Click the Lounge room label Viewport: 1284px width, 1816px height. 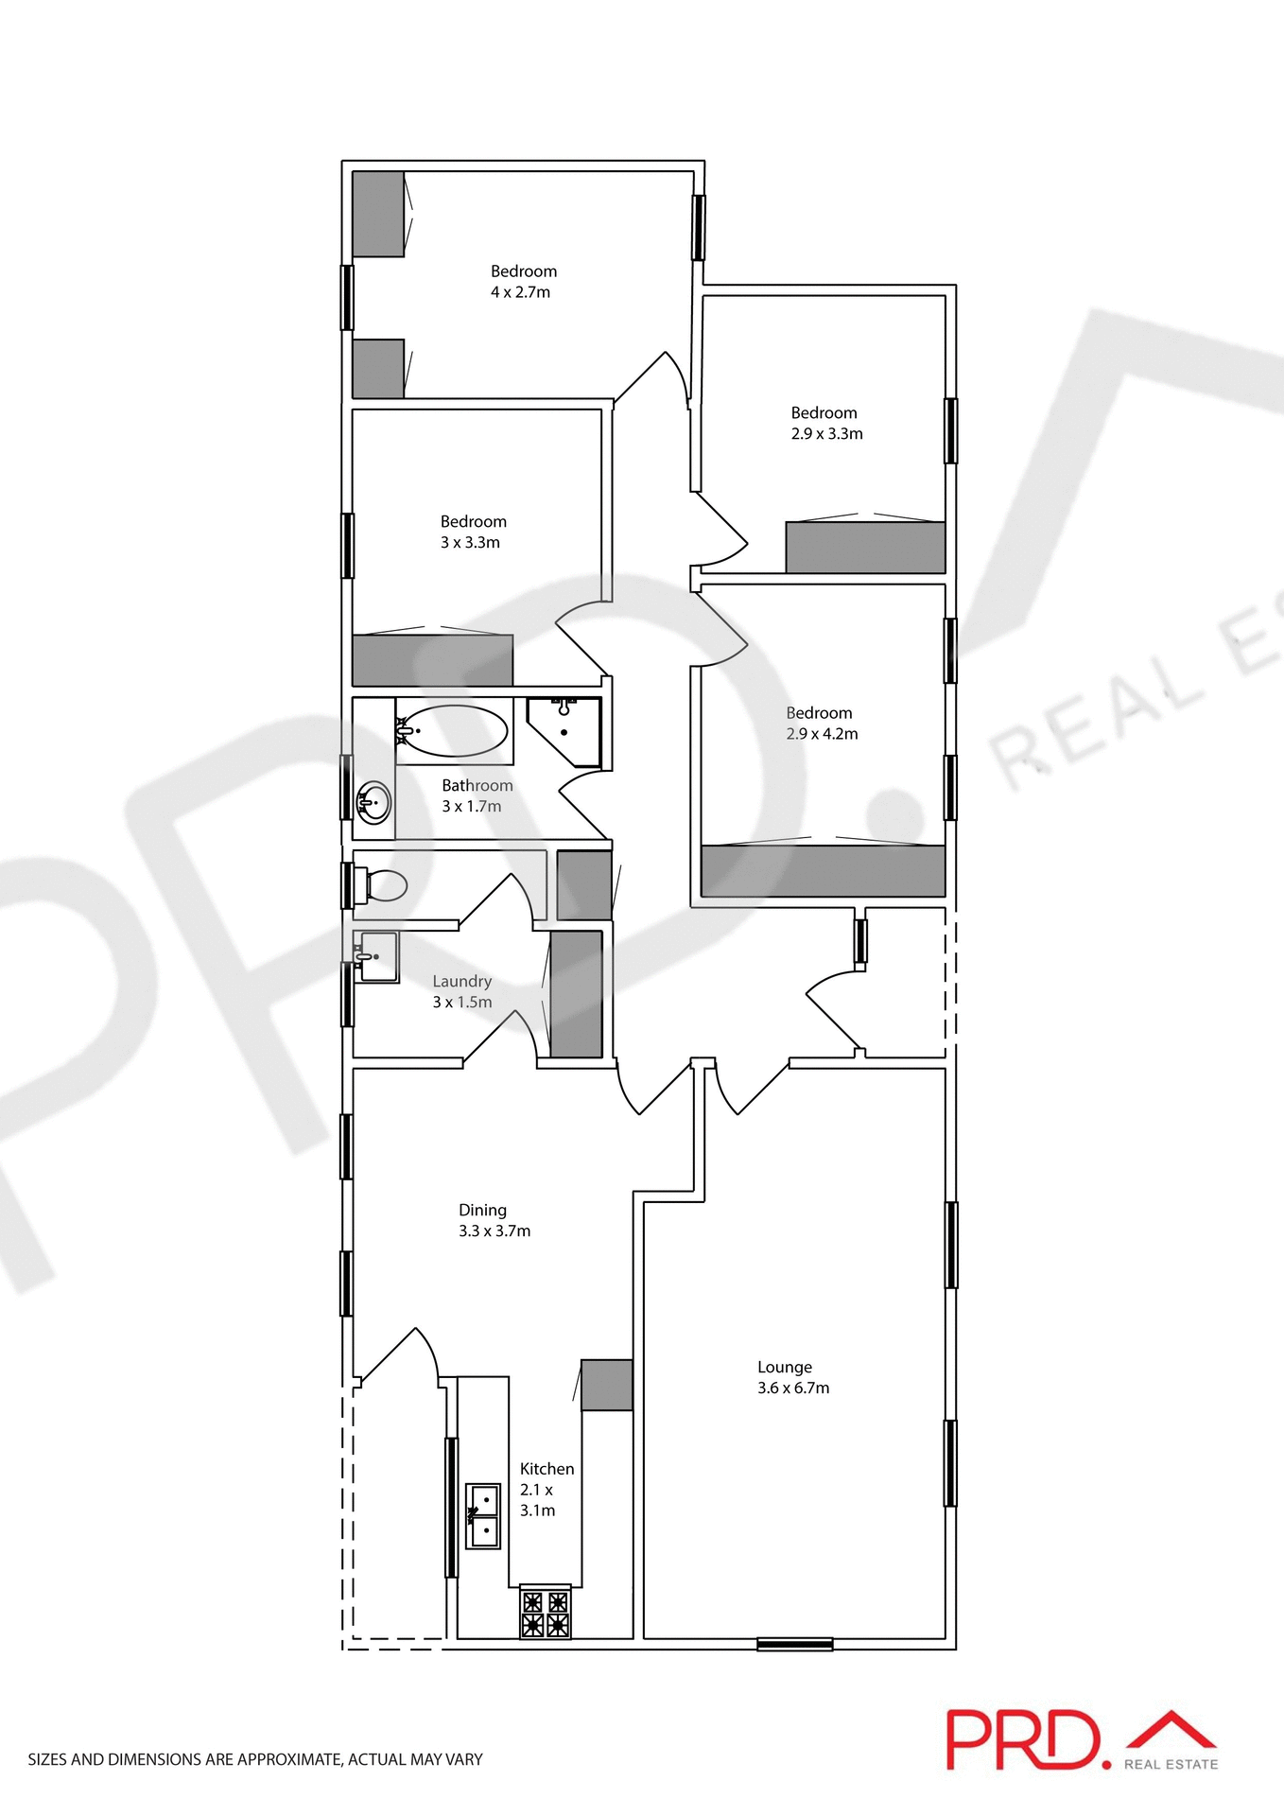784,1367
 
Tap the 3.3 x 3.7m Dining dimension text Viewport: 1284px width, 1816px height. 495,1231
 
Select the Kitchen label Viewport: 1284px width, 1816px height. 547,1468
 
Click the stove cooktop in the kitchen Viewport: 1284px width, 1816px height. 546,1614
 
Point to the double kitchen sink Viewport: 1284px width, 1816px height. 484,1515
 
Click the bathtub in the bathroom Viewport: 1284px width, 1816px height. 453,731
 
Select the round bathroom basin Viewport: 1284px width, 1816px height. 374,804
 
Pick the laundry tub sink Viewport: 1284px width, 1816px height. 377,956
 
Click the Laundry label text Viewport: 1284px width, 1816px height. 461,981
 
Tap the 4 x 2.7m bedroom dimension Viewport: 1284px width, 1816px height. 520,292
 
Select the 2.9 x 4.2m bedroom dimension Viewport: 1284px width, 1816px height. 822,734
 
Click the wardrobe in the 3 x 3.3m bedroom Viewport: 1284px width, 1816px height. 432,659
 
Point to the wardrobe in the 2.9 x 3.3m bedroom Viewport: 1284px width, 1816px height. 865,547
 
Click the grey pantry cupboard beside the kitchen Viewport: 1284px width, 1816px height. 606,1385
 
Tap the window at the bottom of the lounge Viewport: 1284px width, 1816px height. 794,1644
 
